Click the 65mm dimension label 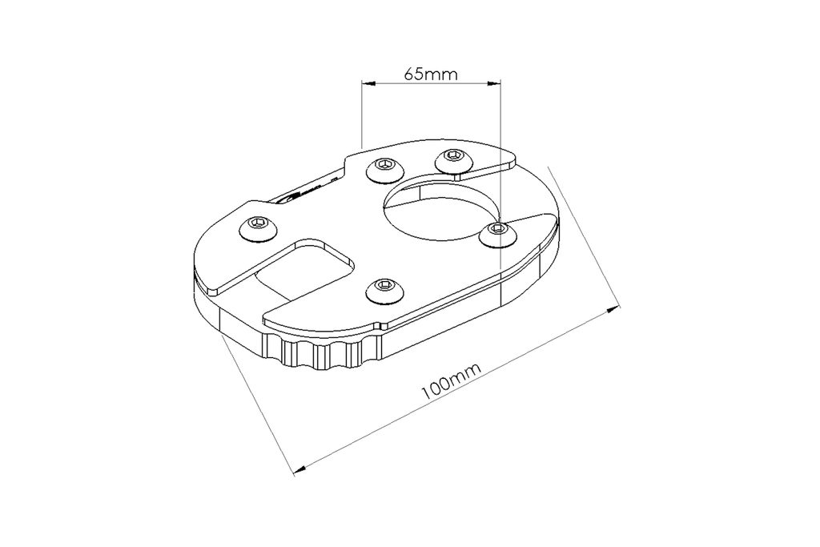pyautogui.click(x=430, y=74)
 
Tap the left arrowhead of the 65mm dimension pyautogui.click(x=368, y=82)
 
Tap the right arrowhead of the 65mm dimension pyautogui.click(x=494, y=82)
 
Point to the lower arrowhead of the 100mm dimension pyautogui.click(x=301, y=469)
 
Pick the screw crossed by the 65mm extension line pyautogui.click(x=498, y=233)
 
